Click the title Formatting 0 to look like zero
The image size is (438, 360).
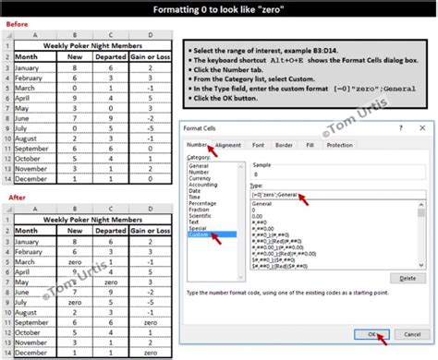[218, 9]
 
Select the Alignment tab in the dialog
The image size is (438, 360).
[227, 145]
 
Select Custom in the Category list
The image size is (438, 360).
[200, 235]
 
